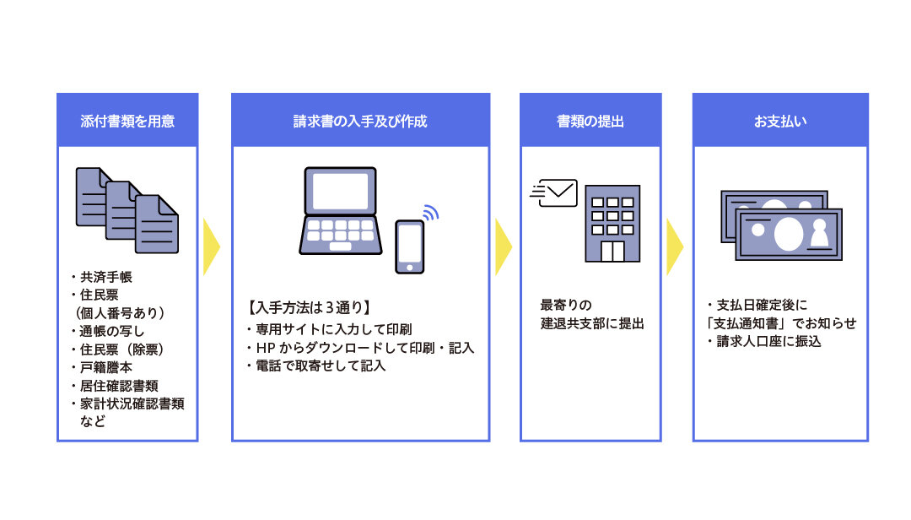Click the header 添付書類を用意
[127, 121]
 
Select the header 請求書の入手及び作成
[360, 121]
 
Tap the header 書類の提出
[590, 121]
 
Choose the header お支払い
[780, 121]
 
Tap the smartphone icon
[410, 246]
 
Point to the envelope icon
[557, 193]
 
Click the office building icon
[612, 223]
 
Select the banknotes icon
[781, 225]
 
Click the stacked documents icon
[127, 209]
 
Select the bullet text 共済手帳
[105, 277]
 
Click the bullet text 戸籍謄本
[105, 367]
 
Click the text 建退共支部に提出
[592, 322]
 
